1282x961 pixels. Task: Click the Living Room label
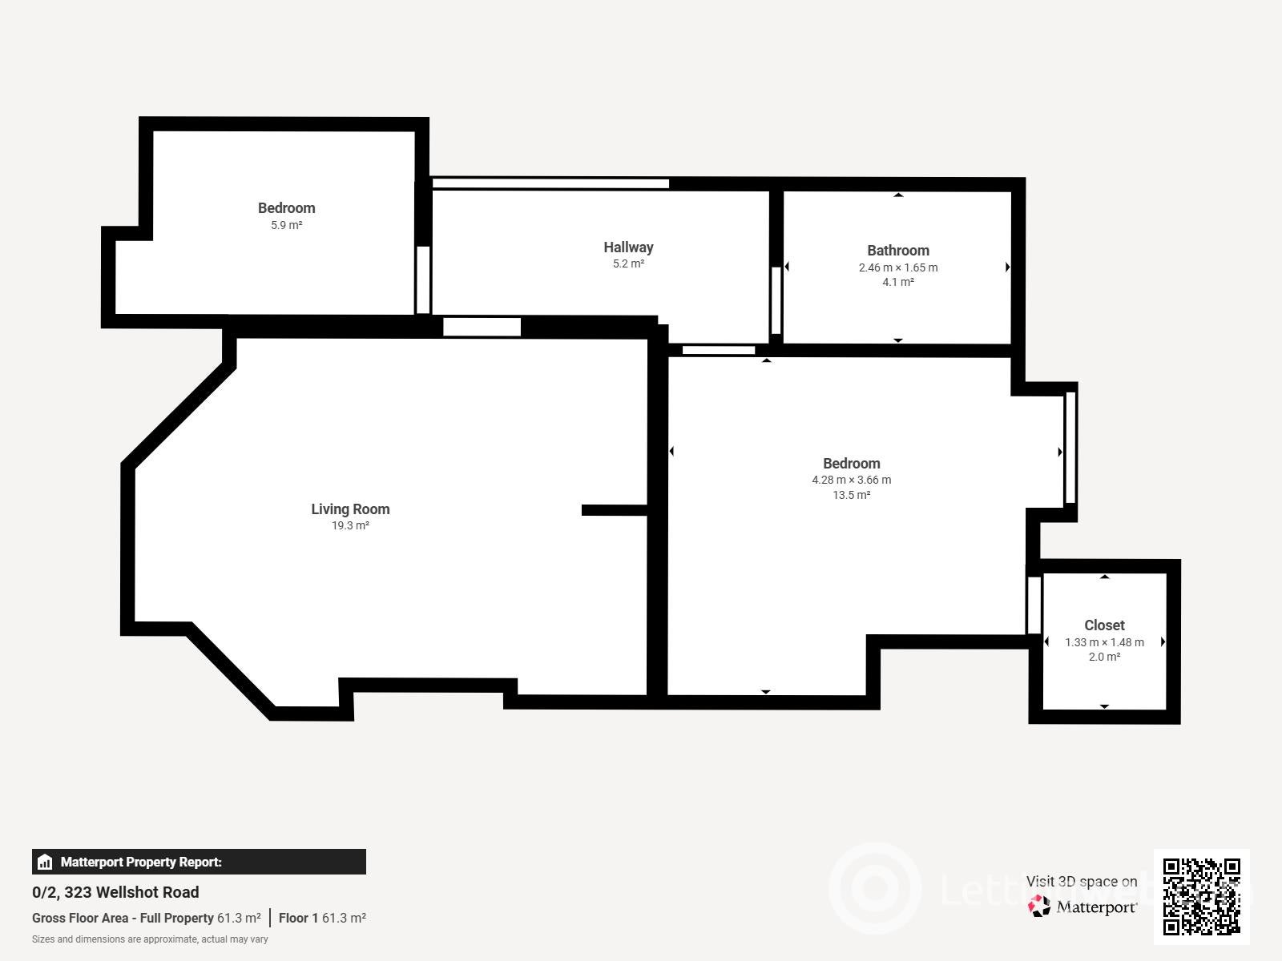[350, 509]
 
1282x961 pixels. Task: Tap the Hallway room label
[628, 247]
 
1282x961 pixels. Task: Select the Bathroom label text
[897, 251]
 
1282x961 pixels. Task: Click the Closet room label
[1104, 625]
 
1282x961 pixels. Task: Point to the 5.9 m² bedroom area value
[286, 225]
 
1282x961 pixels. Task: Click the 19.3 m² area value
[350, 525]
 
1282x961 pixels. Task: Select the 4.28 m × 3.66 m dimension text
[851, 480]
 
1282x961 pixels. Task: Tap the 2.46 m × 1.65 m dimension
[897, 267]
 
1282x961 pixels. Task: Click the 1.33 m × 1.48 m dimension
[1104, 641]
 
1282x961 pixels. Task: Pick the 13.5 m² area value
[851, 495]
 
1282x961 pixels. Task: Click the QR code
[1201, 897]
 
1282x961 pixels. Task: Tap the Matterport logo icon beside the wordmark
[1038, 907]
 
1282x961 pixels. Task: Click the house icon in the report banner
[45, 862]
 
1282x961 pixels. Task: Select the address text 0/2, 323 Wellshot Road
[115, 892]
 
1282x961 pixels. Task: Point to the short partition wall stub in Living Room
[614, 510]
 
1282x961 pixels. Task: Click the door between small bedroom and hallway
[423, 279]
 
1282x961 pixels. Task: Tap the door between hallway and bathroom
[776, 300]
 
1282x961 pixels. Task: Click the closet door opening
[1034, 605]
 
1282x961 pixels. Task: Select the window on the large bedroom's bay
[1070, 448]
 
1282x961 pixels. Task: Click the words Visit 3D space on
[1081, 881]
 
